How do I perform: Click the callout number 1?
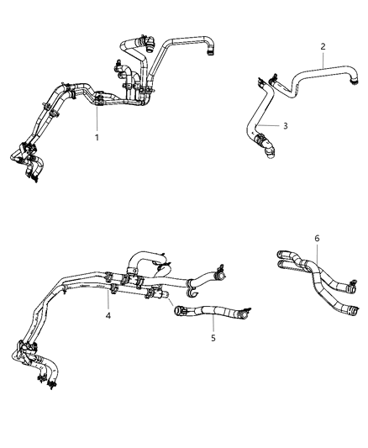[x=97, y=137]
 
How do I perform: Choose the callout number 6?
[x=317, y=239]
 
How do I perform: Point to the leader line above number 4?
[x=109, y=301]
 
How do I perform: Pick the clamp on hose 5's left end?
[x=179, y=312]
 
